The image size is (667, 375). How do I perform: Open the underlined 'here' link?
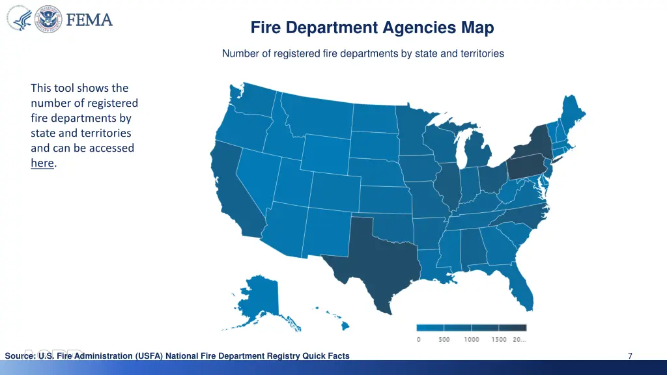tap(42, 163)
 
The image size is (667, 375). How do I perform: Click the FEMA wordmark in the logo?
tap(89, 20)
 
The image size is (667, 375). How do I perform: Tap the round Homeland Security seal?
tap(48, 20)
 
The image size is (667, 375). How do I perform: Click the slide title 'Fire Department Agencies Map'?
tap(372, 28)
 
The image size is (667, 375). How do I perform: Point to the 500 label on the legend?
tap(444, 340)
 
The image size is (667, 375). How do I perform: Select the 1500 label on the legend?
tap(499, 340)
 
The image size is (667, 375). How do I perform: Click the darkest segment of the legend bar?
tap(513, 328)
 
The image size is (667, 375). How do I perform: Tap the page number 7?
tap(630, 355)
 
